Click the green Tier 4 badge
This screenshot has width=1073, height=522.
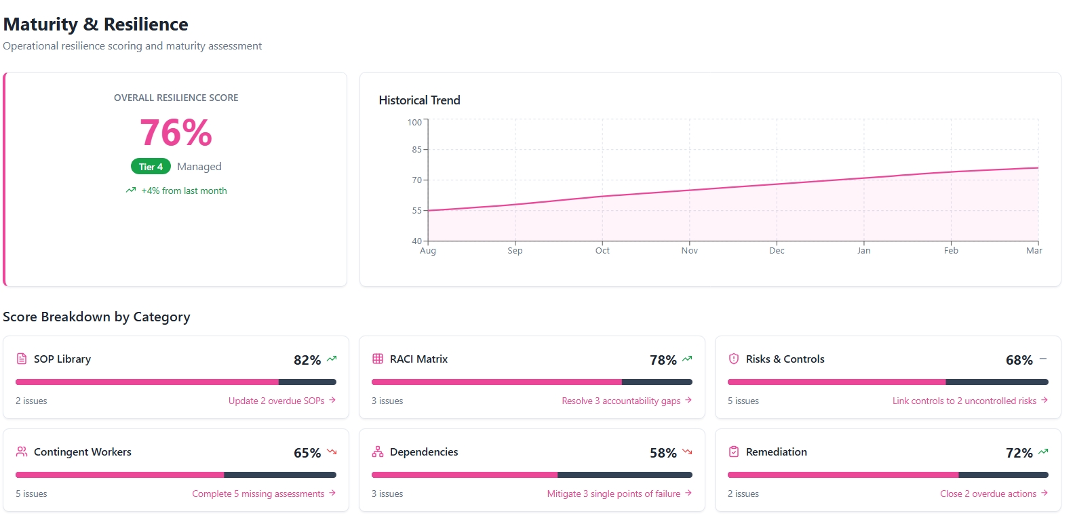151,167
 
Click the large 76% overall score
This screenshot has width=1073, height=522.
176,133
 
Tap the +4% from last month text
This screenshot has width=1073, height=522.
184,190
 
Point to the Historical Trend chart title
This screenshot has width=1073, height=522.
419,100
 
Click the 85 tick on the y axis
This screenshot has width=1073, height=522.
416,149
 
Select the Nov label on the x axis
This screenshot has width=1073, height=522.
689,250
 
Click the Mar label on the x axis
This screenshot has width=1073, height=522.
1034,250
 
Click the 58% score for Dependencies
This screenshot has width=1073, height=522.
663,453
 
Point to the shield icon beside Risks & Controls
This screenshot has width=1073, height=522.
733,359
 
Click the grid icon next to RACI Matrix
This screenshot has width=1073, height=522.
378,359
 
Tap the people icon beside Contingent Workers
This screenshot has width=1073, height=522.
22,451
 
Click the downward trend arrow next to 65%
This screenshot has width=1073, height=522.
332,451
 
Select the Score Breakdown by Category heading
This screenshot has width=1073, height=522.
96,317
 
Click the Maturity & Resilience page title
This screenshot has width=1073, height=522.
96,24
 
